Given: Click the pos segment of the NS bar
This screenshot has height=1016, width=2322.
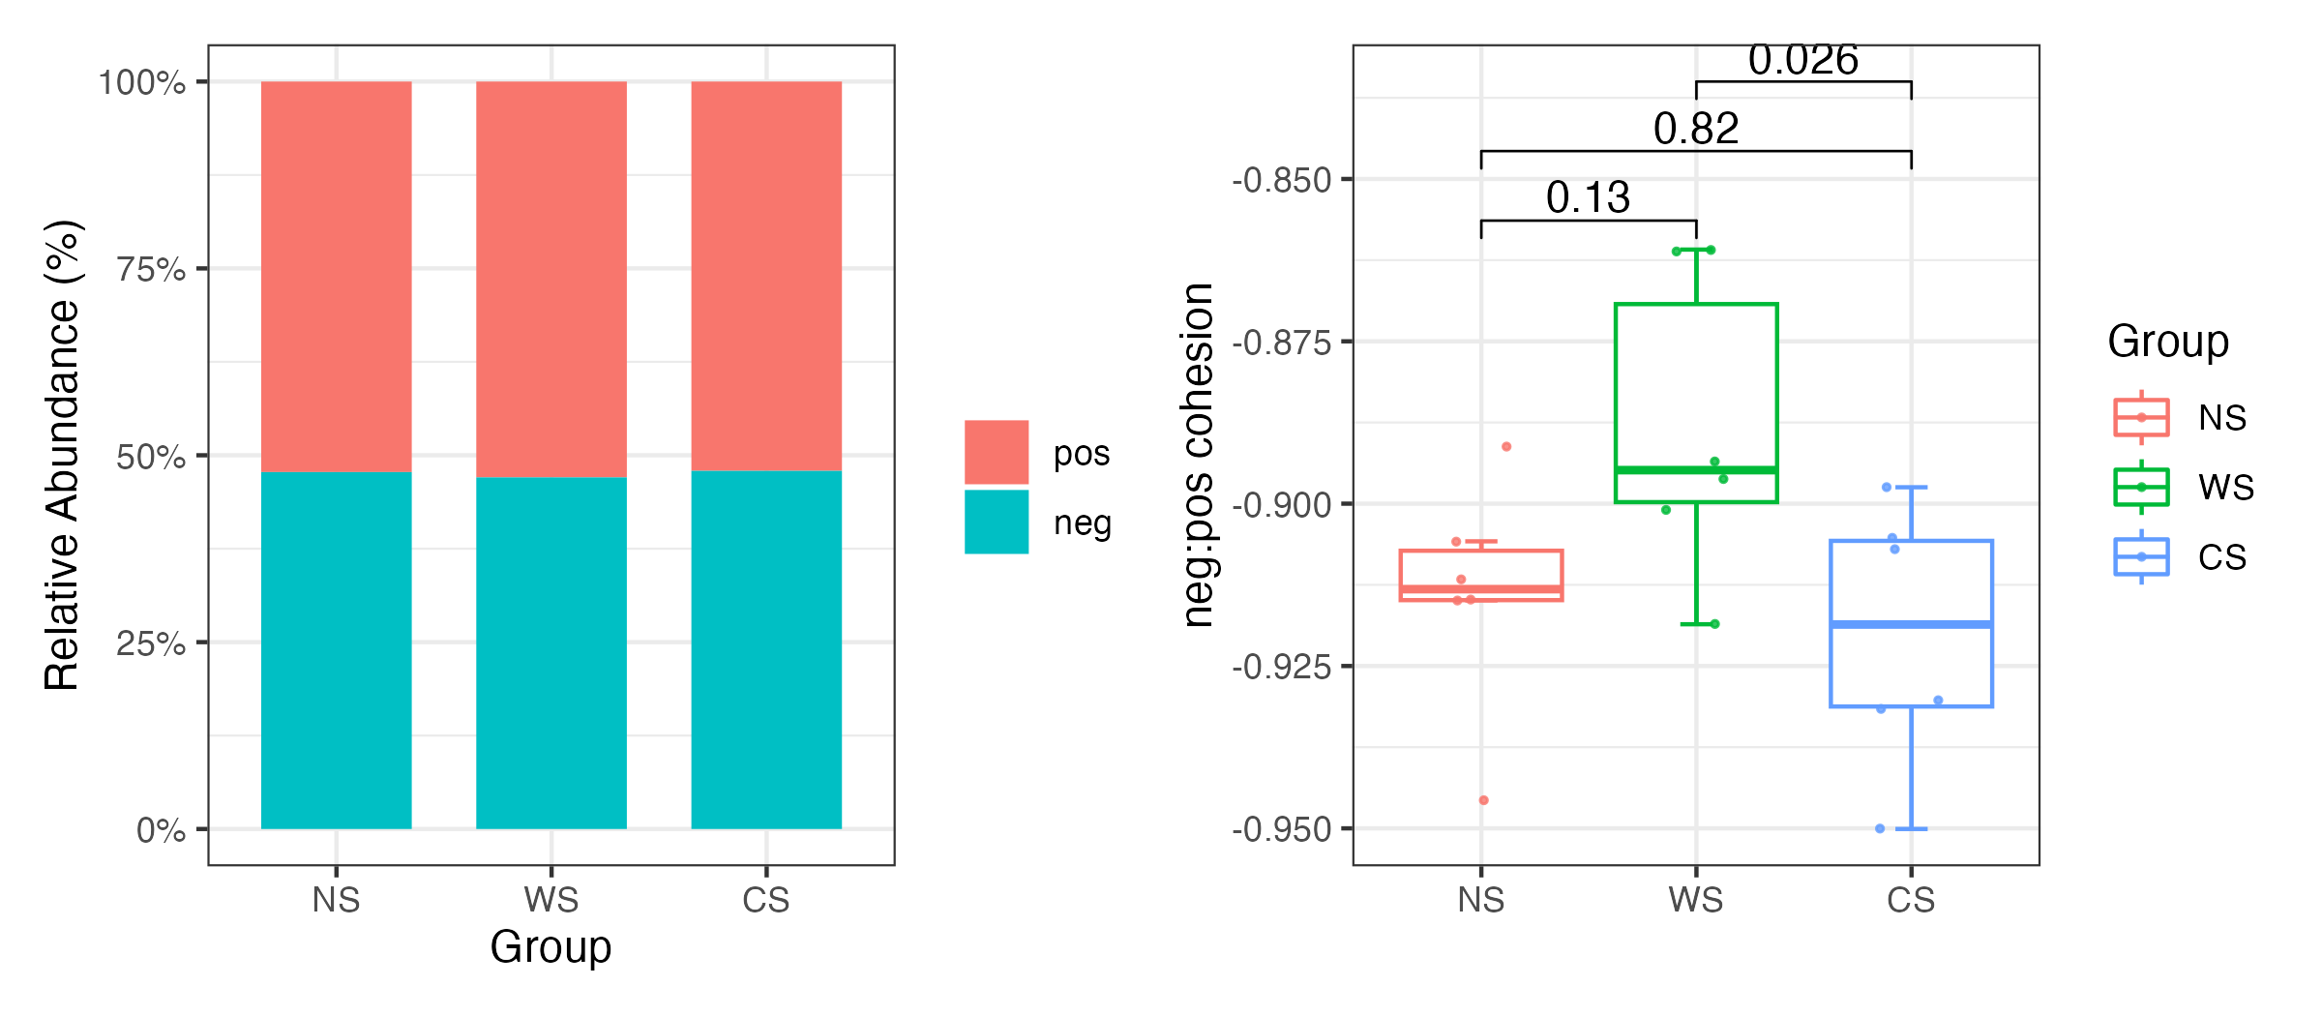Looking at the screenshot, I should [336, 276].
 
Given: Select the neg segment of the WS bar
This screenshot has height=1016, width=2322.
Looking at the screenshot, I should [551, 653].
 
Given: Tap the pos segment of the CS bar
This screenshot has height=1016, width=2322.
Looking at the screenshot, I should [765, 276].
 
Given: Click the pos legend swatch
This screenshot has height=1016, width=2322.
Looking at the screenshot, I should [996, 452].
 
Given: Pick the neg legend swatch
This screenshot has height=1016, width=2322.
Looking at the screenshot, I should [996, 522].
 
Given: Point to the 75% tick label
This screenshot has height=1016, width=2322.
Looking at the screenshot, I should [151, 269].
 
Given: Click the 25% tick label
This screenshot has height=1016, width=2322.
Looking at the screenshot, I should [151, 643].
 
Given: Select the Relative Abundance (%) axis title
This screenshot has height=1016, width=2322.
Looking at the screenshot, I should [63, 455].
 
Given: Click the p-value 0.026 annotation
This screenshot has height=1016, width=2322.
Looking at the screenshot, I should [1802, 61].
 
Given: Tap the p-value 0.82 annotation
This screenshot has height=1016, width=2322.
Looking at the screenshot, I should [1696, 129].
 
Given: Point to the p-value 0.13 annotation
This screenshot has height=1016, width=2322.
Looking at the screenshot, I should [1588, 198].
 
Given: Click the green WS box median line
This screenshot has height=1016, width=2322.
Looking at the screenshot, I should [1696, 470].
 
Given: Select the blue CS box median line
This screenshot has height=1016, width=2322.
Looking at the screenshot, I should [1911, 624].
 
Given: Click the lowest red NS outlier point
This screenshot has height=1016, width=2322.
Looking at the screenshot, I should [1483, 800].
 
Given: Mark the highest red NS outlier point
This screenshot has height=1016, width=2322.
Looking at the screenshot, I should [1506, 447].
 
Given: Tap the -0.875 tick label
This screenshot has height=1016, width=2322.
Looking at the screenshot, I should [1281, 344].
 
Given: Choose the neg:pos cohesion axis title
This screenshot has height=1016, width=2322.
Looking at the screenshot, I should [1199, 455].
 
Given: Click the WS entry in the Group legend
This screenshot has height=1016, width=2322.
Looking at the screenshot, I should [2225, 487].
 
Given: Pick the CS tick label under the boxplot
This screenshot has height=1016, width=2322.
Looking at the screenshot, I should [1911, 901].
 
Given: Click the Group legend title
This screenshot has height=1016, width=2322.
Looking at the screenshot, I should [2168, 342].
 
